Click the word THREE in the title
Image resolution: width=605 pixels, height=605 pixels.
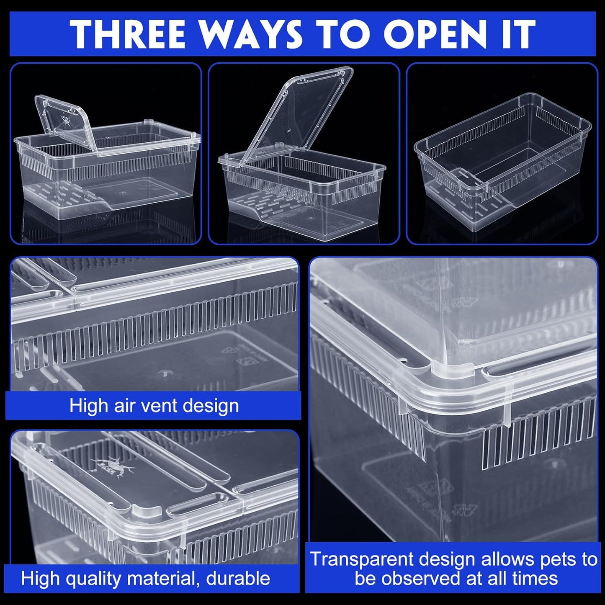pyautogui.click(x=128, y=34)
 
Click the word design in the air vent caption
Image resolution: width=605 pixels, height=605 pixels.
pyautogui.click(x=216, y=406)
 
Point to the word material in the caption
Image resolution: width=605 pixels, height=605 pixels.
pyautogui.click(x=165, y=579)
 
